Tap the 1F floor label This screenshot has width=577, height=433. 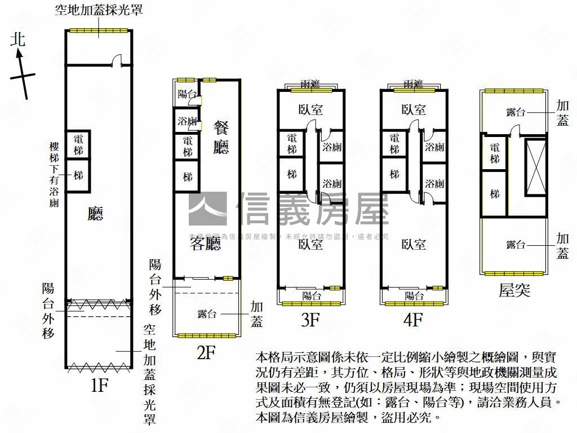point(99,386)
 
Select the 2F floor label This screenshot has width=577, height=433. point(206,353)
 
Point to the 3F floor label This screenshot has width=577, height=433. point(310,320)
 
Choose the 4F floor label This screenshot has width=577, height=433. point(413,320)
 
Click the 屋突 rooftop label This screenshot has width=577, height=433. point(514,290)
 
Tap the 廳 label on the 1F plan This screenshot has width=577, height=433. point(96,213)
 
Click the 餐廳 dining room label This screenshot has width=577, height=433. point(221,138)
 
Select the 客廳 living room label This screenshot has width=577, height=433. point(205,244)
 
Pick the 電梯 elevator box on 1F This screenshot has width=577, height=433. point(78,145)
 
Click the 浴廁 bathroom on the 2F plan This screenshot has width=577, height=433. point(187,120)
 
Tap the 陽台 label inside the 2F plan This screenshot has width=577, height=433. point(187,94)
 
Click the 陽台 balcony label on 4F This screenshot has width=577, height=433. point(414,295)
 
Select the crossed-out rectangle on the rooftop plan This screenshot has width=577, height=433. point(535,167)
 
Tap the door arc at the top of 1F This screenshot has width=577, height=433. point(116,60)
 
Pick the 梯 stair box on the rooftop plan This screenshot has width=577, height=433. point(495,194)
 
